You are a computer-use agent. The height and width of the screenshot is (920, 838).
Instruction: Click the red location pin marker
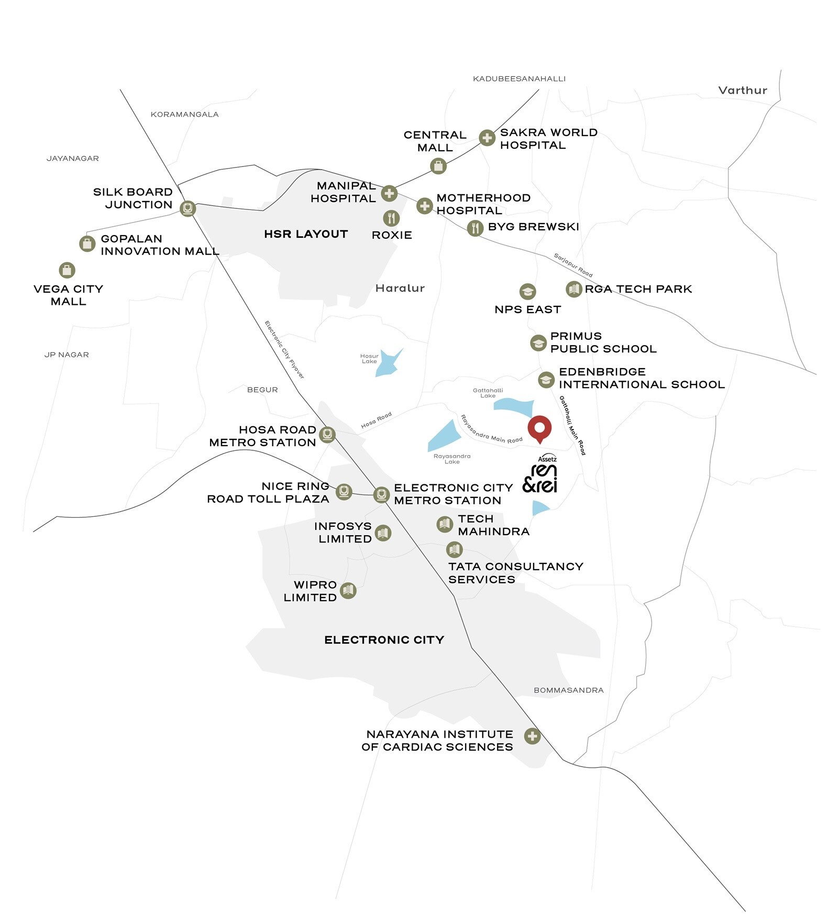[x=539, y=428]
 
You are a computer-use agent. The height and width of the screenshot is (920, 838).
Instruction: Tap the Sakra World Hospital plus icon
[x=487, y=138]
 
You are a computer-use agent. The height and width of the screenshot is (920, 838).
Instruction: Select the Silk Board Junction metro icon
[x=188, y=208]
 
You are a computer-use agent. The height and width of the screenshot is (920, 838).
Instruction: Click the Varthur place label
[x=742, y=91]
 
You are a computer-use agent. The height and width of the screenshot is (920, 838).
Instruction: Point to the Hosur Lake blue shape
[x=388, y=362]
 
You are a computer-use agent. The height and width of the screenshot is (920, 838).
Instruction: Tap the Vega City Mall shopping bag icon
[x=67, y=270]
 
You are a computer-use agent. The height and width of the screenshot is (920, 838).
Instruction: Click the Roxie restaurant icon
[x=391, y=218]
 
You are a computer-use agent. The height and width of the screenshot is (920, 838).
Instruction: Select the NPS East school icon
[x=527, y=291]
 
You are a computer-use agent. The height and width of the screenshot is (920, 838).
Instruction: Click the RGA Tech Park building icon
[x=574, y=289]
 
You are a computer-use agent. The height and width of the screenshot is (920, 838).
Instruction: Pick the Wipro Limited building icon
[x=348, y=590]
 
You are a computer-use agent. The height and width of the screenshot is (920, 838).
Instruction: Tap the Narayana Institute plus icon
[x=532, y=736]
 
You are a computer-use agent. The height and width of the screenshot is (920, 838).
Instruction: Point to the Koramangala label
[x=184, y=115]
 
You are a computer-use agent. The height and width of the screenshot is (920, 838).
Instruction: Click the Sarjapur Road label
[x=573, y=265]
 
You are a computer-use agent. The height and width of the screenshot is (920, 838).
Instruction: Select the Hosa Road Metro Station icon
[x=327, y=435]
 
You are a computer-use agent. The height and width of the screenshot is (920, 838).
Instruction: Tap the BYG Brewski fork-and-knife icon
[x=475, y=228]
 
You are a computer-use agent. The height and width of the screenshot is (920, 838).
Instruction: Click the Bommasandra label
[x=568, y=690]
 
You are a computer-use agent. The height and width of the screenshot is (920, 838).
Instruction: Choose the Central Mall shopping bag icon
[x=438, y=167]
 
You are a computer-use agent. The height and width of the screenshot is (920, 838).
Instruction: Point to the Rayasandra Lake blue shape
[x=443, y=435]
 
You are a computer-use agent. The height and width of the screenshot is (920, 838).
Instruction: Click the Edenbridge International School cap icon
[x=546, y=380]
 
